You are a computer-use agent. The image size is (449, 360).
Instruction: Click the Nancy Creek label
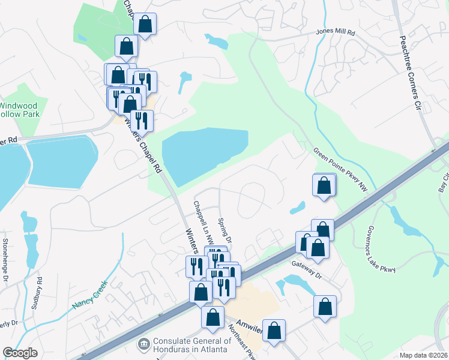tap(89, 295)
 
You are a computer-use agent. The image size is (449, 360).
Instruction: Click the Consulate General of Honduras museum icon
tap(144, 344)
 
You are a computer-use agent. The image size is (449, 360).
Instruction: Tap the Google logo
tap(20, 353)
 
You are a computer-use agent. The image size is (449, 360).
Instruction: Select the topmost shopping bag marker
tap(145, 25)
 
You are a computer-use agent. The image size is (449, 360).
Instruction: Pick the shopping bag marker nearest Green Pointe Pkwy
tap(324, 185)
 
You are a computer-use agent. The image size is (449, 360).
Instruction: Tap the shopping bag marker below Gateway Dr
tap(325, 306)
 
